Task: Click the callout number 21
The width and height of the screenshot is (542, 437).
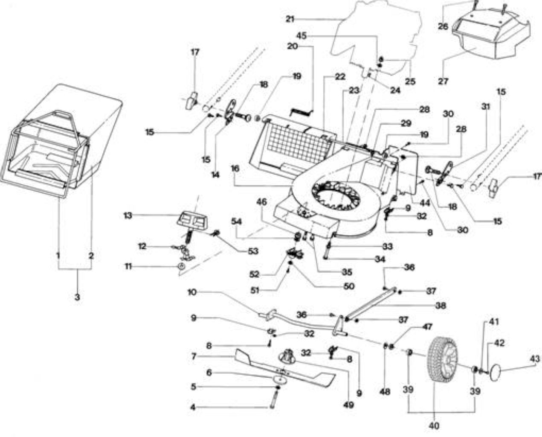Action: [x=290, y=19]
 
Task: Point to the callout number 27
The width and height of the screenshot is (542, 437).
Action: [x=443, y=82]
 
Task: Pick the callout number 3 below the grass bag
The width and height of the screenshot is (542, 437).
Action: [x=77, y=297]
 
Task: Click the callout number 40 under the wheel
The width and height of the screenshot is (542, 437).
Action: [x=434, y=425]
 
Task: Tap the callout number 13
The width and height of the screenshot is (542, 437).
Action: [x=128, y=216]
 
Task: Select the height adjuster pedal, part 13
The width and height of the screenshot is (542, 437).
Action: [x=193, y=221]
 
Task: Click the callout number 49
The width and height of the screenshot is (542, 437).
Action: [x=348, y=405]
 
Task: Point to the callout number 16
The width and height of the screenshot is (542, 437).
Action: [x=235, y=169]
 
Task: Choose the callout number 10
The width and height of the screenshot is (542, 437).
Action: [x=192, y=292]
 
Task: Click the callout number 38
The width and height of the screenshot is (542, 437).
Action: [x=441, y=306]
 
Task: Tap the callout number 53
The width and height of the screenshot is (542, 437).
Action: [x=253, y=251]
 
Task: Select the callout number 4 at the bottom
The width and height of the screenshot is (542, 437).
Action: [x=193, y=408]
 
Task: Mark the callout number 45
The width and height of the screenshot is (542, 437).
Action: [x=301, y=36]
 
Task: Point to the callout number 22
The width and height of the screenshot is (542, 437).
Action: [x=340, y=77]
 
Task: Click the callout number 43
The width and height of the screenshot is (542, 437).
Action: [x=535, y=359]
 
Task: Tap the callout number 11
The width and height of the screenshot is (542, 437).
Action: [x=128, y=267]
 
